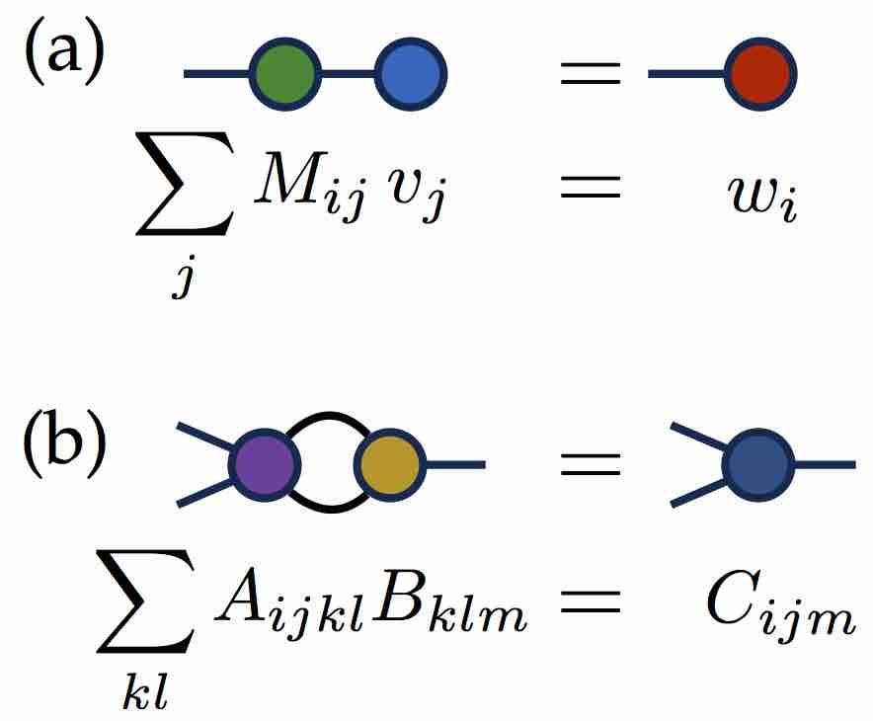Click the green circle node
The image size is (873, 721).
click(x=285, y=73)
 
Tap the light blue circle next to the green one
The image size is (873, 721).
click(x=411, y=73)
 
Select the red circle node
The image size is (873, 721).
click(x=760, y=73)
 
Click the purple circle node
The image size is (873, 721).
click(x=263, y=464)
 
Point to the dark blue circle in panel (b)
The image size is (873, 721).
click(x=760, y=464)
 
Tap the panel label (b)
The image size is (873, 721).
click(x=64, y=445)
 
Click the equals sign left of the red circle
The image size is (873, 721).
click(x=591, y=73)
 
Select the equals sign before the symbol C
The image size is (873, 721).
click(x=591, y=603)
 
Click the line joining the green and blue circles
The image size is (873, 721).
click(x=348, y=73)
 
